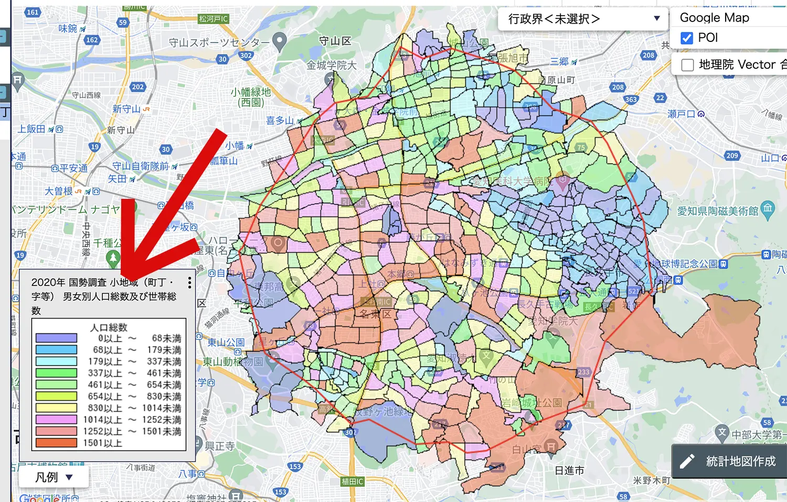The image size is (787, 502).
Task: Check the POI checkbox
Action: point(687,38)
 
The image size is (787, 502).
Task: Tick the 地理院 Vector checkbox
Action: point(687,65)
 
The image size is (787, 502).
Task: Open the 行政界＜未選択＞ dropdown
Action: point(582,19)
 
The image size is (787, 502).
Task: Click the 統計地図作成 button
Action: point(729,461)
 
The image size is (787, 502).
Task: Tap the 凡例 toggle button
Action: point(54,477)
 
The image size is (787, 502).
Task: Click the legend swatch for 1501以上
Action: point(56,443)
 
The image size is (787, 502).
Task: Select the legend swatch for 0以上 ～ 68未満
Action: point(56,338)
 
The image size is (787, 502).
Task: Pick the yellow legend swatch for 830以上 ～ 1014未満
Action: point(56,408)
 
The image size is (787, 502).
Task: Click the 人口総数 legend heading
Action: point(109,327)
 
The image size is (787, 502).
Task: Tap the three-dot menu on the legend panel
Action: point(189,282)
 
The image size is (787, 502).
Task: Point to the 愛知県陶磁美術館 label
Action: point(717,211)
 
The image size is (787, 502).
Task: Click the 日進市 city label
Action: point(569,471)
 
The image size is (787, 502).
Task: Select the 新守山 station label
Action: point(126,109)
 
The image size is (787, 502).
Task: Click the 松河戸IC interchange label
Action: point(214,19)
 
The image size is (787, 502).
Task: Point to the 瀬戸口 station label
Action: point(681,114)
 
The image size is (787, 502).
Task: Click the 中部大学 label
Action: point(756,435)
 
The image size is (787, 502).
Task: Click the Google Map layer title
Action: point(714,18)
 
